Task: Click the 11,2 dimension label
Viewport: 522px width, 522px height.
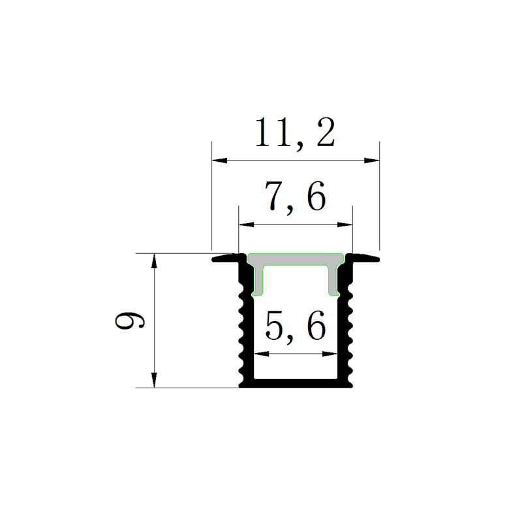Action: click(x=295, y=133)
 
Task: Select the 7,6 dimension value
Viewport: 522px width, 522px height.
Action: click(x=295, y=197)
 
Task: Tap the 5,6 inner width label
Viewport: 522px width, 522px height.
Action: click(x=295, y=327)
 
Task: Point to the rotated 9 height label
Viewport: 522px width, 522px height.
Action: click(x=130, y=320)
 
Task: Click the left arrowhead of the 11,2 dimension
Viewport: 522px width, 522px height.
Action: click(x=220, y=161)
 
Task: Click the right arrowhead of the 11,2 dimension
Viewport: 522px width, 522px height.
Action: click(x=371, y=161)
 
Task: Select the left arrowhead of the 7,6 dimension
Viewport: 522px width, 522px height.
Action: click(x=247, y=224)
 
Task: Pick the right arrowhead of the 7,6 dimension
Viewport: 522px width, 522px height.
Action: click(x=345, y=224)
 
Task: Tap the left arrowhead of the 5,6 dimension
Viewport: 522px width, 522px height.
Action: click(x=262, y=354)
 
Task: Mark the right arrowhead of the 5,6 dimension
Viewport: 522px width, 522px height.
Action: click(x=330, y=354)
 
